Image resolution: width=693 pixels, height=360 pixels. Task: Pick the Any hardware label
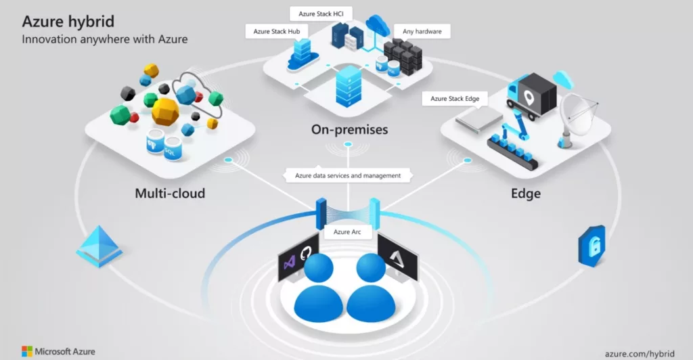(422, 31)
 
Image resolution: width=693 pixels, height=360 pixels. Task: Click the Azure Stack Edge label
(455, 99)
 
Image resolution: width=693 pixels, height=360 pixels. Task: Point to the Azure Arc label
(347, 232)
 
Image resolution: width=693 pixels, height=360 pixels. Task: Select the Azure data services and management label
(348, 176)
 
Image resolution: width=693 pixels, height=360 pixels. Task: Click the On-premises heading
(349, 129)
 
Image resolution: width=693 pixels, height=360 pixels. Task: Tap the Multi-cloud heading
(170, 194)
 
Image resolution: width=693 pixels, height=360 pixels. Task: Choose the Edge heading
(525, 194)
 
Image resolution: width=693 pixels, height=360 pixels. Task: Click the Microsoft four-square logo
(27, 351)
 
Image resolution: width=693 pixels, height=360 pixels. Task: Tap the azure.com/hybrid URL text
(640, 352)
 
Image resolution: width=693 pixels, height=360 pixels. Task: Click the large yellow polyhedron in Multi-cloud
(164, 111)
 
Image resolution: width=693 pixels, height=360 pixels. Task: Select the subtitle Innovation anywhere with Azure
(105, 39)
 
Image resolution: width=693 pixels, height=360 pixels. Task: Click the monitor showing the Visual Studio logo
(298, 256)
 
